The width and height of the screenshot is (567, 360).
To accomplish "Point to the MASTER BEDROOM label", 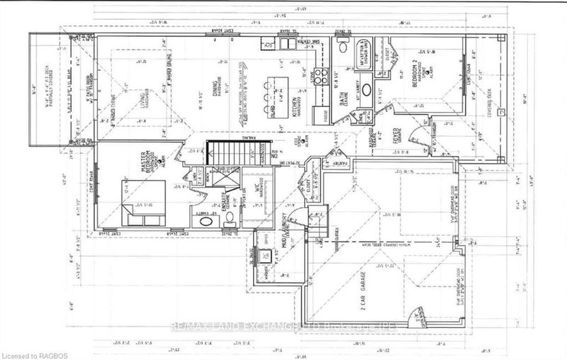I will (150, 162).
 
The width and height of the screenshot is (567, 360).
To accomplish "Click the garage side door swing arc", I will (415, 314).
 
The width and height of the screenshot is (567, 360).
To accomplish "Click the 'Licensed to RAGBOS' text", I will (33, 352).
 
